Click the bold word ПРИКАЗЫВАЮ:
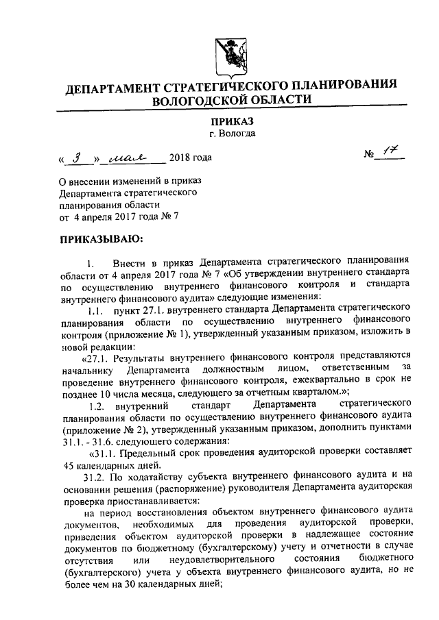(102, 240)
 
